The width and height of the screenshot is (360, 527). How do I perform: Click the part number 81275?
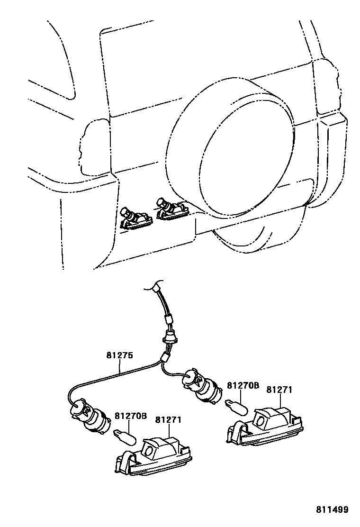(120, 355)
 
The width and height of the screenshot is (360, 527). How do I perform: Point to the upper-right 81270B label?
(243, 386)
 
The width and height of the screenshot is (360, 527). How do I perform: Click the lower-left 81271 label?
(169, 420)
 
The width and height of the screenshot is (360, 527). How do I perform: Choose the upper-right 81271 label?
(279, 390)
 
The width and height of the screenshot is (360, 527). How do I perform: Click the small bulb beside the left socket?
(126, 436)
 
